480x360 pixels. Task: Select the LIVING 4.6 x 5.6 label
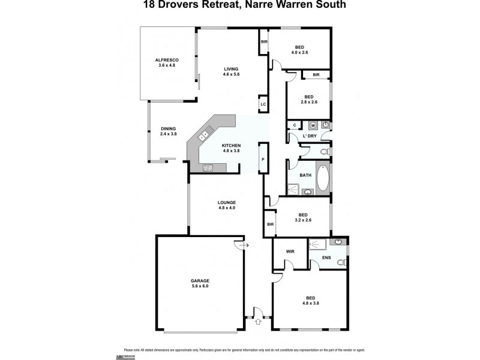coord(231,71)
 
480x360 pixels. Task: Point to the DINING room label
coord(168,131)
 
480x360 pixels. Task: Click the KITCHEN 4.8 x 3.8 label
coord(231,148)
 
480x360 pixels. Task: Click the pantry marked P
coord(263,160)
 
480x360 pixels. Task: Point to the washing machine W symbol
coord(313,125)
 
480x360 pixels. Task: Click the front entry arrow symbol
coord(259,321)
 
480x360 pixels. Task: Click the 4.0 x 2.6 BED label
coord(301,50)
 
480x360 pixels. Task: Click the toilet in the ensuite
coord(341,262)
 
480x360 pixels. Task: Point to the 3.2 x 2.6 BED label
coord(303,218)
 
